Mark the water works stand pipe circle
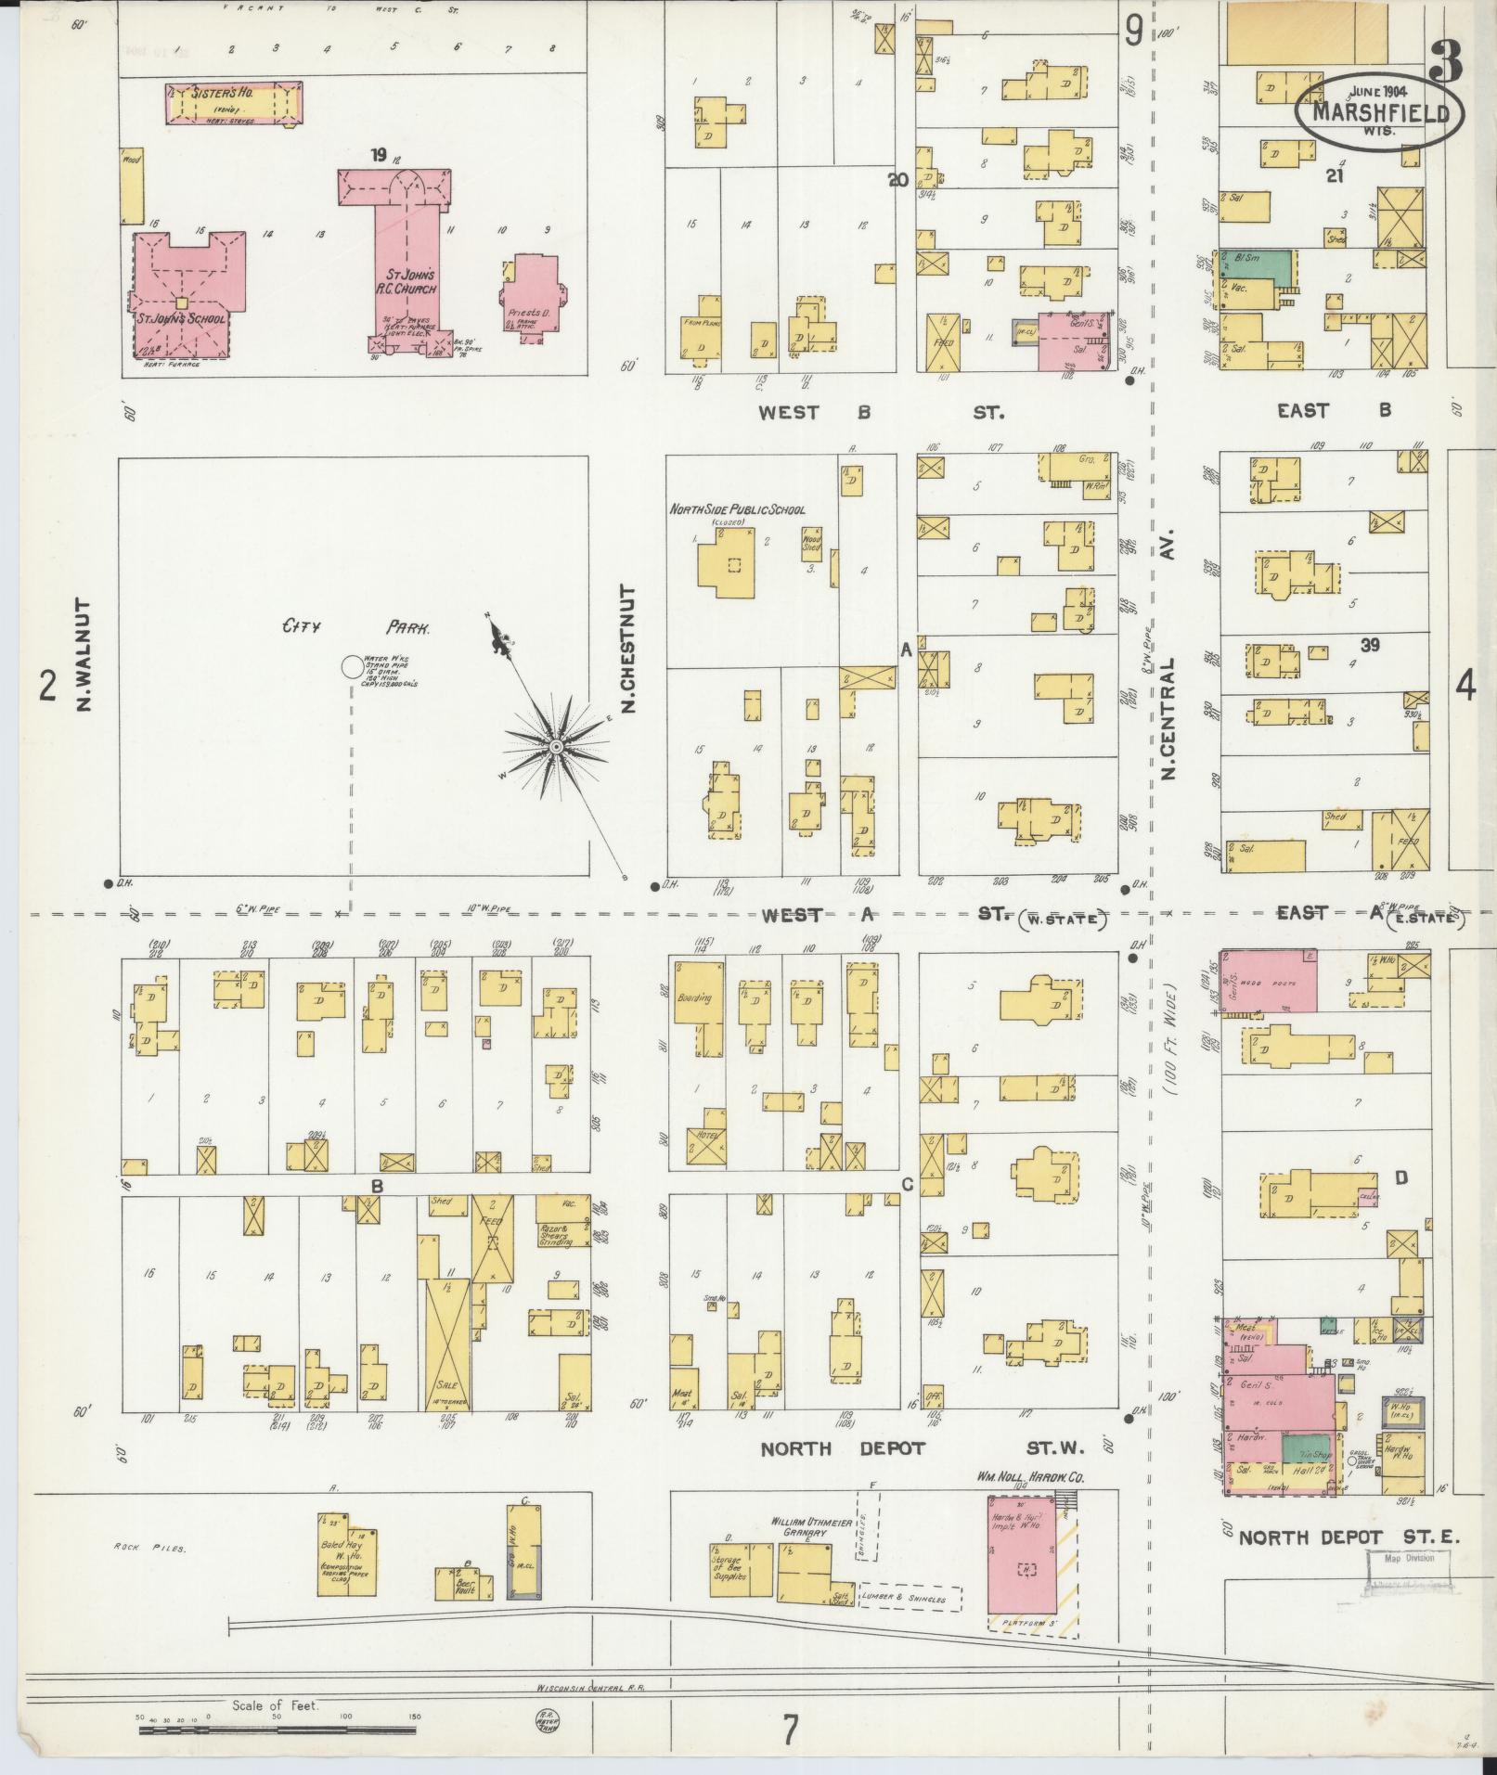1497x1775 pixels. pos(352,666)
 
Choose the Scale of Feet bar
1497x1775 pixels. pos(278,1729)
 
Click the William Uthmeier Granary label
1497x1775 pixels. pos(803,1527)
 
